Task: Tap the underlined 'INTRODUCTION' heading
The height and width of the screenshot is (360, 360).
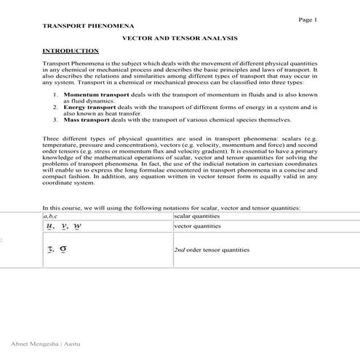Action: [x=71, y=51]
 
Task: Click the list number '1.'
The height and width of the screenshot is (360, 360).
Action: [x=56, y=95]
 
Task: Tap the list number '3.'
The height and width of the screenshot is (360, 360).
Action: [x=56, y=120]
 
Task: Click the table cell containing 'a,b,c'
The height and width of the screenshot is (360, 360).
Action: [x=50, y=216]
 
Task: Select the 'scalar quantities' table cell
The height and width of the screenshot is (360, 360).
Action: [x=196, y=216]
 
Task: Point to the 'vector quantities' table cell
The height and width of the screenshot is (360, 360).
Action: [x=196, y=226]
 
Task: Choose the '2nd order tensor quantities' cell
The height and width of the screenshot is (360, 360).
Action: [x=212, y=249]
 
